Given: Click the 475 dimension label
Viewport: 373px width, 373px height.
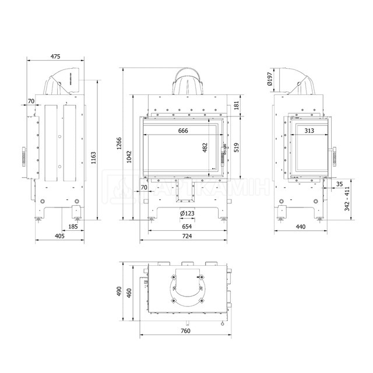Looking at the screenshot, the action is (55, 57).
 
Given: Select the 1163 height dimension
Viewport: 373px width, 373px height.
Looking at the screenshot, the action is (93, 158).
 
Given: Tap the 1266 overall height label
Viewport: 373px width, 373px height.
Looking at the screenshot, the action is (119, 143).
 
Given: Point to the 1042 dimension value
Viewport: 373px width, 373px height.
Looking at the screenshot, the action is (129, 157).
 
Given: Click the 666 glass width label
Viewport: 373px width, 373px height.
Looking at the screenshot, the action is (183, 131).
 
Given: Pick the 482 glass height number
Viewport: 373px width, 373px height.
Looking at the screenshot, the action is (205, 147).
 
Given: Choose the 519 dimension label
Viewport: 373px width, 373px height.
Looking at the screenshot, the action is (236, 147).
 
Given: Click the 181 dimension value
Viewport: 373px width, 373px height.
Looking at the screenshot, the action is (236, 105).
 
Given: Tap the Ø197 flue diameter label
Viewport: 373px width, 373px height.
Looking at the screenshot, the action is (269, 79).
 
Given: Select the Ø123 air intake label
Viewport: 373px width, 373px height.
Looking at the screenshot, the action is (187, 213).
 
